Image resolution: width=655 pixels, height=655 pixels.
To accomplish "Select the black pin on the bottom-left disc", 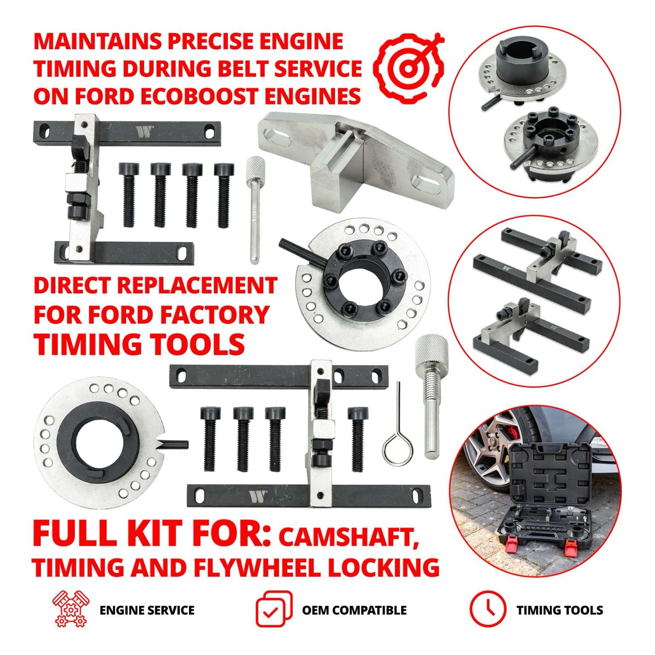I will coord(173,444).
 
